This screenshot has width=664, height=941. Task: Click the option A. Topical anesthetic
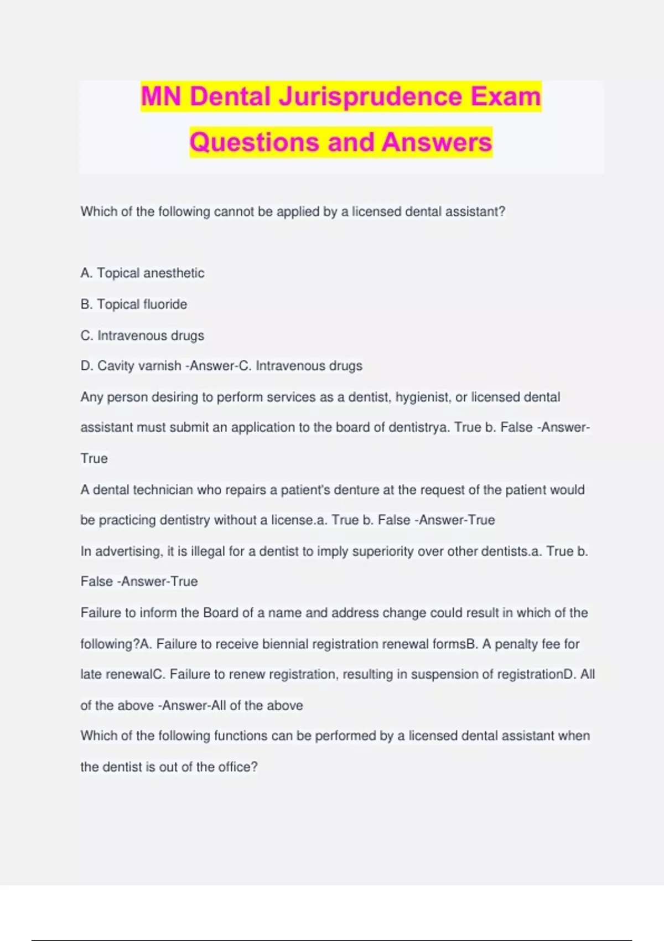point(142,273)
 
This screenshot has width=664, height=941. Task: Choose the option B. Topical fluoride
point(134,304)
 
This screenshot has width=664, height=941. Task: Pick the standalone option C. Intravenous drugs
point(142,335)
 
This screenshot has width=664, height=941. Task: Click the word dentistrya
point(419,427)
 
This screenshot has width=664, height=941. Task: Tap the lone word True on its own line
point(94,458)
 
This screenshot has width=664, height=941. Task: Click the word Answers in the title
point(437,142)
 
